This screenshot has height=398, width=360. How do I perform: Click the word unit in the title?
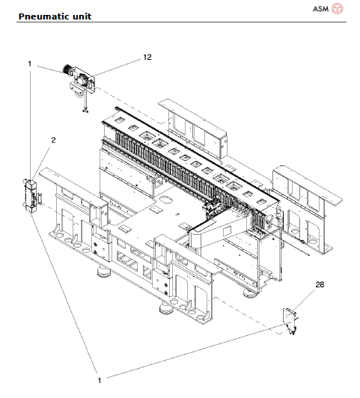point(82,16)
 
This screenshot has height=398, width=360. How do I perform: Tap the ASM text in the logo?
point(320,9)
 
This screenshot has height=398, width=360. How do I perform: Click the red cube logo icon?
point(338,9)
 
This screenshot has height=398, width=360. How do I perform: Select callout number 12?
point(147,57)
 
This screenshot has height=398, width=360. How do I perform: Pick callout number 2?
point(53,140)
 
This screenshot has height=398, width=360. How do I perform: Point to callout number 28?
point(320,284)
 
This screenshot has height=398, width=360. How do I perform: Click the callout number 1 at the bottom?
point(100,381)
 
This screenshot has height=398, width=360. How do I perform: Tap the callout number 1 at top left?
point(30,64)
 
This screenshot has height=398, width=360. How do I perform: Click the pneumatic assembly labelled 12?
point(79,81)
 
